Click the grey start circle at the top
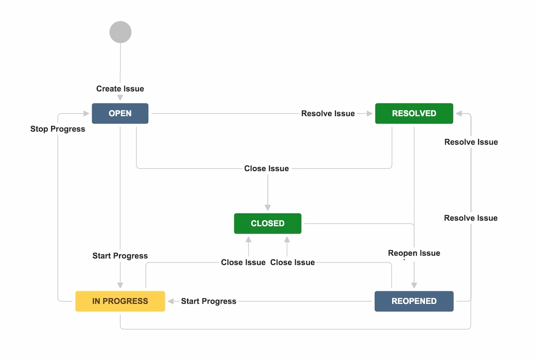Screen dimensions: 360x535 click(120, 32)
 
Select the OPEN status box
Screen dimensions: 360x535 click(120, 113)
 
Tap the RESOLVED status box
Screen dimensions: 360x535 click(414, 113)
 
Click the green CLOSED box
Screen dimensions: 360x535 click(267, 223)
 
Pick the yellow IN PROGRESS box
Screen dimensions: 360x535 click(120, 301)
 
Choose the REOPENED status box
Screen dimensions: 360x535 click(414, 301)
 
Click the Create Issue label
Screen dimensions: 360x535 click(120, 89)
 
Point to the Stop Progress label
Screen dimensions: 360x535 click(57, 129)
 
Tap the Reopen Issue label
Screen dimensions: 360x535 click(414, 253)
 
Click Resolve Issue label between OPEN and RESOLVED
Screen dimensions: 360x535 click(328, 113)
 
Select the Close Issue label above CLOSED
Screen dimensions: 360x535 click(266, 168)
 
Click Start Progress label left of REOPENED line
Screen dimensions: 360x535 click(208, 301)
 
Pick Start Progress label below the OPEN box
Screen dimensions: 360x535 click(120, 256)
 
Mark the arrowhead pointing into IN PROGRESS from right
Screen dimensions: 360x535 click(170, 301)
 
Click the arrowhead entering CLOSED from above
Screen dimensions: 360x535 click(267, 207)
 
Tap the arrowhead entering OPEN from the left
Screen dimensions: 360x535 click(86, 113)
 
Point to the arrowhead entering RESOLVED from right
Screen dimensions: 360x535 click(459, 113)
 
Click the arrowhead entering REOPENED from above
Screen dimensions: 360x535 click(414, 285)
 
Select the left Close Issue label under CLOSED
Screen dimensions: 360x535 click(243, 262)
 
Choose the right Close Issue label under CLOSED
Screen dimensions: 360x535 click(293, 262)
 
